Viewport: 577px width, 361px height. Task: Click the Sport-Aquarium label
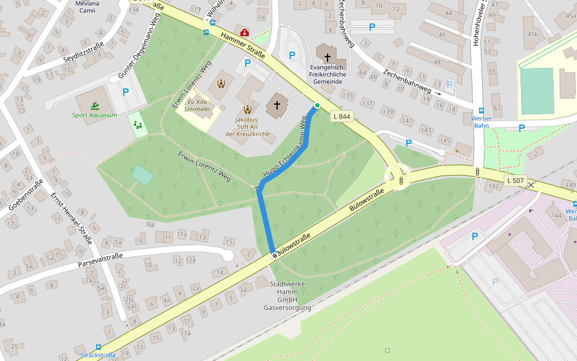94,115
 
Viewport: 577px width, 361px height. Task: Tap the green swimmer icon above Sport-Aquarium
95,106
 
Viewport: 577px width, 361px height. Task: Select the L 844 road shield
340,117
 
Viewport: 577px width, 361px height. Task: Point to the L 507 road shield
515,180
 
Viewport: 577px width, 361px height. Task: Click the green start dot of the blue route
317,106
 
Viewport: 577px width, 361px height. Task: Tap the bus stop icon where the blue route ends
275,255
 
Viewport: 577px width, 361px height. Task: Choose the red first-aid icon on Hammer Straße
244,32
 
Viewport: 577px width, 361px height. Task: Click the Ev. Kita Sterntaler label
198,105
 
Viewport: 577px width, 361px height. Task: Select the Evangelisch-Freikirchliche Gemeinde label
328,74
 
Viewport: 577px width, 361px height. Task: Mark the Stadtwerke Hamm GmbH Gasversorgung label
287,295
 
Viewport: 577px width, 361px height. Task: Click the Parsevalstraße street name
100,261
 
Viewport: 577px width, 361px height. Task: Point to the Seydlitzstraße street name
84,53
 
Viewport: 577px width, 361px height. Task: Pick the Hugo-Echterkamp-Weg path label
284,148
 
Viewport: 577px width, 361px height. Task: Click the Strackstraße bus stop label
98,355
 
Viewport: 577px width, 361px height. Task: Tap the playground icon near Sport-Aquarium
138,125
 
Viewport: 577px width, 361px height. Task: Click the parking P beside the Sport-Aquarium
125,92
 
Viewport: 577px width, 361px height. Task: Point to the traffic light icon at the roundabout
401,180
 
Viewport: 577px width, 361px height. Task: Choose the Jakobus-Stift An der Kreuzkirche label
246,126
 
